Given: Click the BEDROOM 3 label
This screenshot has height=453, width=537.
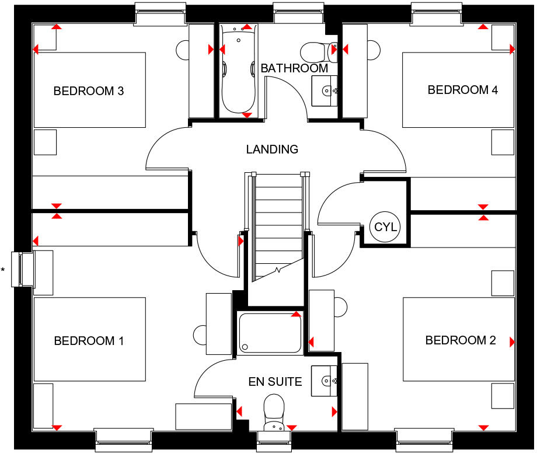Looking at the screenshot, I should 89,91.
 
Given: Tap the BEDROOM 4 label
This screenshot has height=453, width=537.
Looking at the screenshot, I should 458,90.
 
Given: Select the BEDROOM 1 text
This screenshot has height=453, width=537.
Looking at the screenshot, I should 89,341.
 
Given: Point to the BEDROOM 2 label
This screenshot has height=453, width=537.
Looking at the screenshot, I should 461,340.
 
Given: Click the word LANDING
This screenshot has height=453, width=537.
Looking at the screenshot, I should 272,149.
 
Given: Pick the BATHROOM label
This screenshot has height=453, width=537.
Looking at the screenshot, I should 294,68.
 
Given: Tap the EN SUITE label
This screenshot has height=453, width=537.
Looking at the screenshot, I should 275,382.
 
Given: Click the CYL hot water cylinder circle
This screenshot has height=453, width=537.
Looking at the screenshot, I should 385,226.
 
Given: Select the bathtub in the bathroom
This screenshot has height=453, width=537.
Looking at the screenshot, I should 238,70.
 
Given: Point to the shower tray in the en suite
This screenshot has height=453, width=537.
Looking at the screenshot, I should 270,333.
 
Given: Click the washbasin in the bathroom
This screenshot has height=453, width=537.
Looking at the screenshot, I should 324,91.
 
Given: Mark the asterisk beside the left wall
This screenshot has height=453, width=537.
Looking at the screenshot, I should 4,270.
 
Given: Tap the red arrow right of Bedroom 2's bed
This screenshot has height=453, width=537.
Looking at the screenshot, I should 512,342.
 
